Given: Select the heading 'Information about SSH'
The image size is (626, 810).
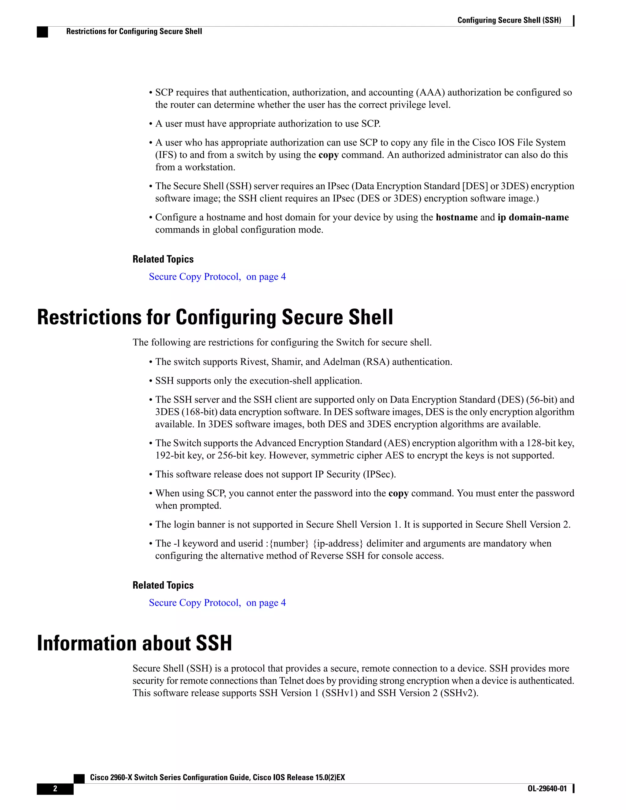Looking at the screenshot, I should point(134,643).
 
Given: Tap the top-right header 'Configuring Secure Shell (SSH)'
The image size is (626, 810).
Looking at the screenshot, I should point(509,20).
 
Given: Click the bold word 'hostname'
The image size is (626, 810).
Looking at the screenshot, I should point(457,217).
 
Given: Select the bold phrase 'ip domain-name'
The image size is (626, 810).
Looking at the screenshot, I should point(533,217).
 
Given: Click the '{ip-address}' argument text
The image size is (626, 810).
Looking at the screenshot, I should point(338,543).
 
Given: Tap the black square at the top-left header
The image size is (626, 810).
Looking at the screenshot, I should point(42,32).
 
